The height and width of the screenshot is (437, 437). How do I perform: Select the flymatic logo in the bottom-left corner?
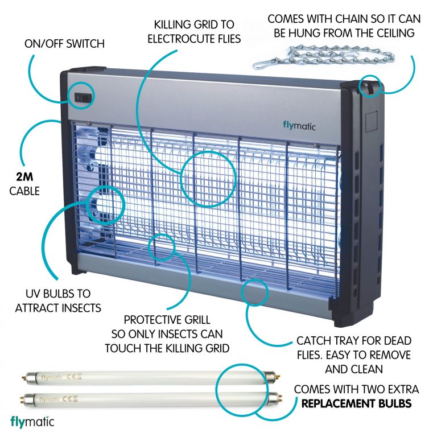[32, 422]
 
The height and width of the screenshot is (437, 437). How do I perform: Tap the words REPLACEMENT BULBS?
[357, 404]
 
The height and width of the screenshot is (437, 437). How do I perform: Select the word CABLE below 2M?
[24, 191]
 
